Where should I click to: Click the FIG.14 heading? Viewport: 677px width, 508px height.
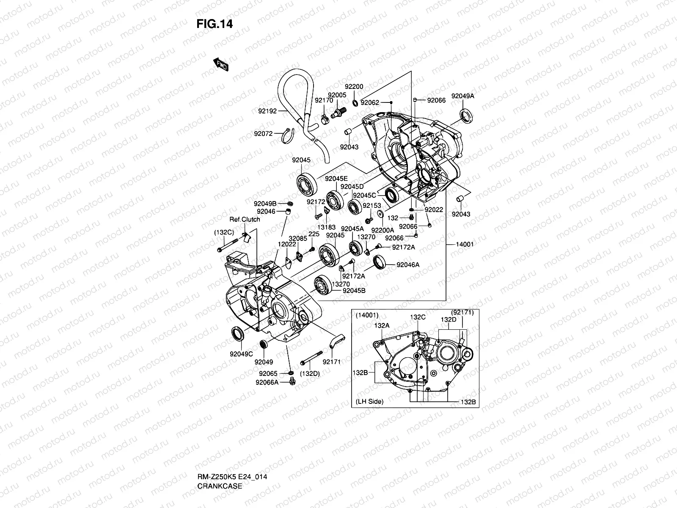point(215,24)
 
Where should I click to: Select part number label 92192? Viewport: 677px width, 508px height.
point(267,111)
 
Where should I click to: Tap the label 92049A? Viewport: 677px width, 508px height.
point(462,96)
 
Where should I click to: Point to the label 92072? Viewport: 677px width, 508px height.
point(263,134)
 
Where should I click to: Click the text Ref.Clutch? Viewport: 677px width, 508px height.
point(245,219)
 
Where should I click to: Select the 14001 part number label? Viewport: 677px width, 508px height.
point(465,244)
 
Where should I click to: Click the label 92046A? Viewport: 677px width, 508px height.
point(408,265)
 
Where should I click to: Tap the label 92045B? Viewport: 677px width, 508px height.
point(354,290)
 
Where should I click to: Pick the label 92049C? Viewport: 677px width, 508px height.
point(241,354)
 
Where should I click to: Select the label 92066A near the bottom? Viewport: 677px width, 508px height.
point(267,382)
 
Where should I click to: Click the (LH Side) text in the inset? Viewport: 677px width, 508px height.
point(369,401)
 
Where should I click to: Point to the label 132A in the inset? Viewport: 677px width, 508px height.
point(382,326)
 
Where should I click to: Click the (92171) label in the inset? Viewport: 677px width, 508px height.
point(462,312)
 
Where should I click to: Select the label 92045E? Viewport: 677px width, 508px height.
point(336,179)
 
